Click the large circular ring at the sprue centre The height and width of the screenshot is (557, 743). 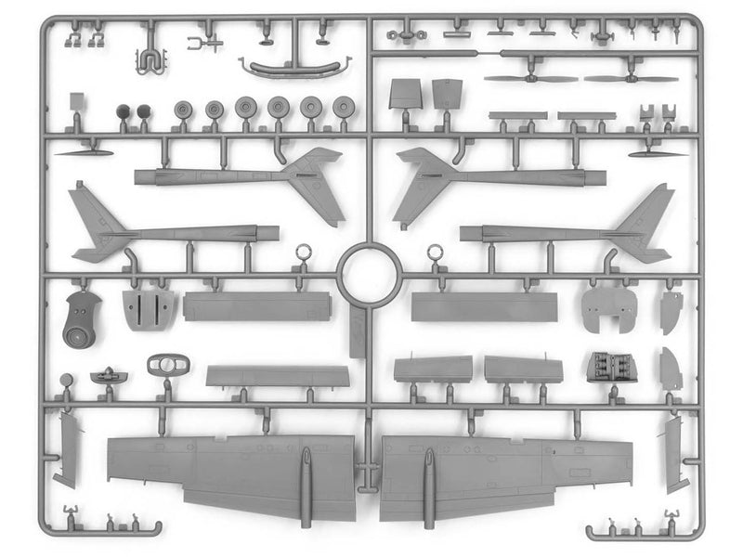coord(370,275)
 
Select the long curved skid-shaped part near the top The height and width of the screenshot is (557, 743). coord(293,68)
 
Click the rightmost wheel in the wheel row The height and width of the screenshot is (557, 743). coord(344,107)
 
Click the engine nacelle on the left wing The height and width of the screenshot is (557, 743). coord(306,473)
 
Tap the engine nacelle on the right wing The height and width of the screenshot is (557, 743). coord(430,473)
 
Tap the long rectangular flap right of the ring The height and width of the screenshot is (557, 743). coord(484,307)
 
